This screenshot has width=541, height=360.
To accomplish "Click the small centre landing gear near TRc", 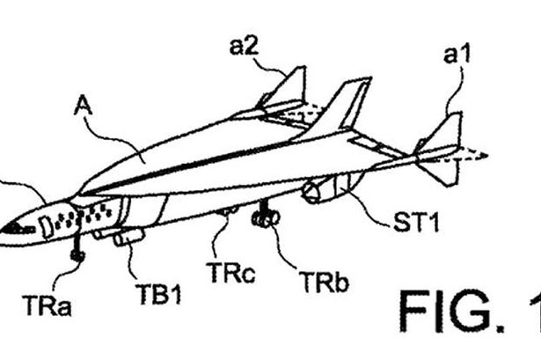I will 230,211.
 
